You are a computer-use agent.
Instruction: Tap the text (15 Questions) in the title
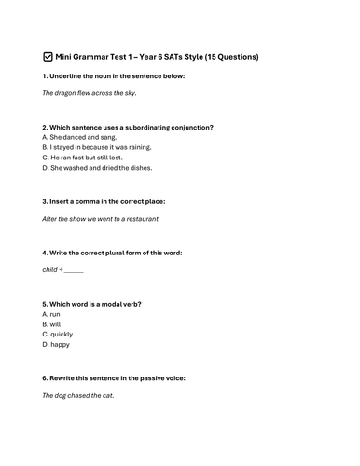pos(229,57)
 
